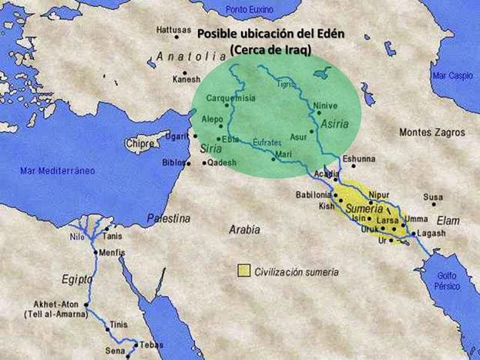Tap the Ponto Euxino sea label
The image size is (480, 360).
point(250,8)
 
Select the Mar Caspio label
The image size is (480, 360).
point(452,76)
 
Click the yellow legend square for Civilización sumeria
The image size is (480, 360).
point(243,271)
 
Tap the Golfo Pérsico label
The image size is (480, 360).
point(447,281)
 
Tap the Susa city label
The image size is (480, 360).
point(433,197)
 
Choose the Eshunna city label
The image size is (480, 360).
point(360,158)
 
